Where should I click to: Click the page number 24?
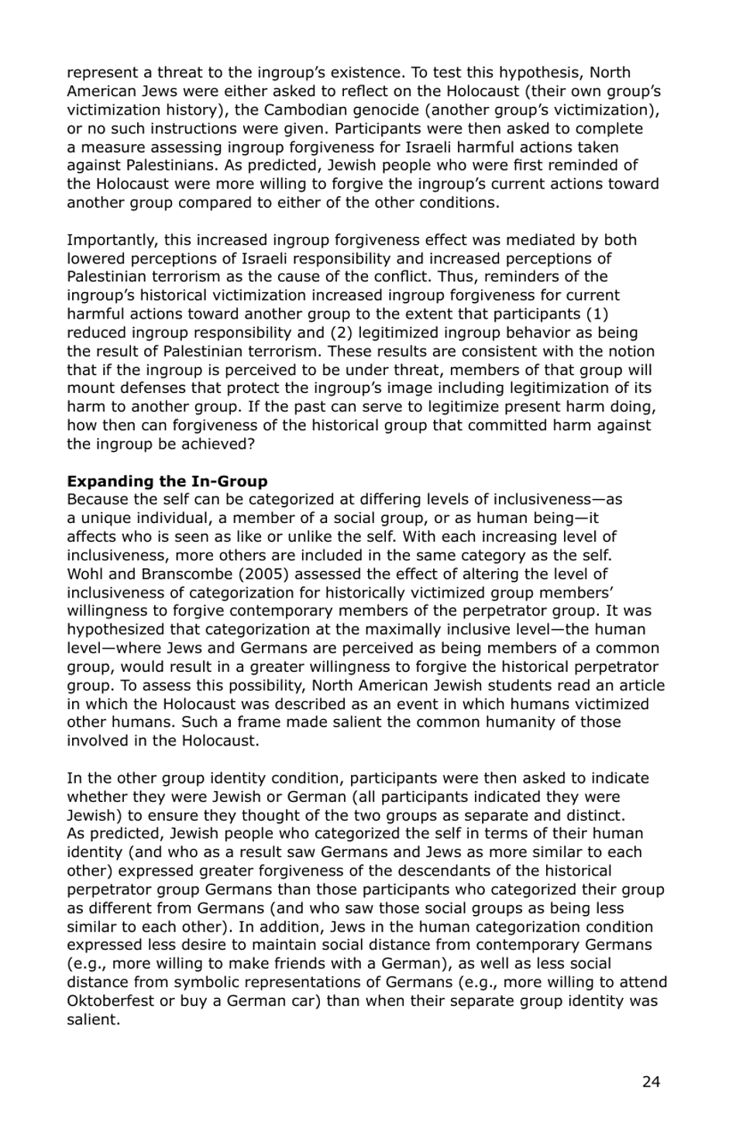(651, 1082)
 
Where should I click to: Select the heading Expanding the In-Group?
(167, 481)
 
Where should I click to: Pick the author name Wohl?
(83, 574)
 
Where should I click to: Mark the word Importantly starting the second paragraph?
(112, 239)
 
